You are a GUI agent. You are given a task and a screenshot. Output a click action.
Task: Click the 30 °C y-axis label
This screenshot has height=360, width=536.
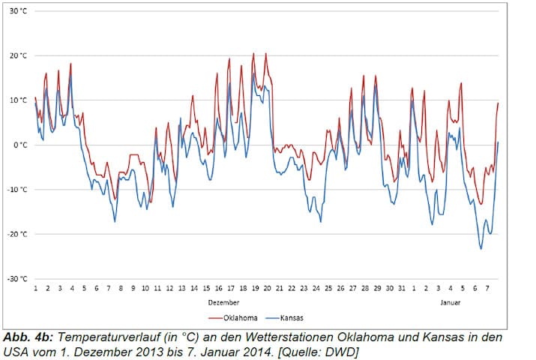(19, 11)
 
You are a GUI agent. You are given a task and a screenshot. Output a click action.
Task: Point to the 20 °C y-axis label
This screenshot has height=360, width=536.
(19, 55)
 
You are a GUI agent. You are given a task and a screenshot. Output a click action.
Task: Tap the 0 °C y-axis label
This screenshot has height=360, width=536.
(20, 145)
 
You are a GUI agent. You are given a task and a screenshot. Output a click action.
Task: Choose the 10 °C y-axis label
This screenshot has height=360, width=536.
(19, 100)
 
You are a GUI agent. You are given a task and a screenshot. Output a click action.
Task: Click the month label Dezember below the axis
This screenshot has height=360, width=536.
(223, 302)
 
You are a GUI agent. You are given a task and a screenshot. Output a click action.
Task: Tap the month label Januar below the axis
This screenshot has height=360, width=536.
(451, 302)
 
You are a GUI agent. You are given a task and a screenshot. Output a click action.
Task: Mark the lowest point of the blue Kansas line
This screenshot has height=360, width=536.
(481, 248)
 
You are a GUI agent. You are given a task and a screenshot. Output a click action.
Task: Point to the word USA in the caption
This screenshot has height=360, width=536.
(18, 350)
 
